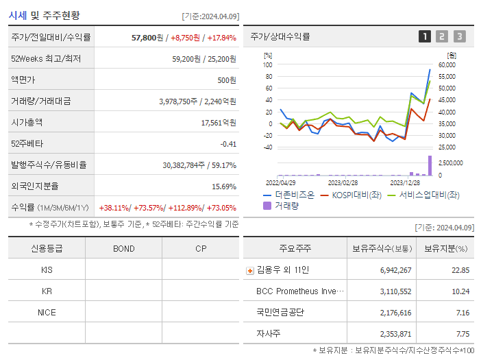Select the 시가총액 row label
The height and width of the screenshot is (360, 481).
[x=27, y=122]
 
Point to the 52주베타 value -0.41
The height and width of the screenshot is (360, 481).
[x=227, y=143]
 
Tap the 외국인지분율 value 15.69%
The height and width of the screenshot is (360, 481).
[x=223, y=186]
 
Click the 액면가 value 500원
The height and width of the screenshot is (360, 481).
[x=227, y=80]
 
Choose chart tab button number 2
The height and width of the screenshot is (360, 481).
[x=442, y=36]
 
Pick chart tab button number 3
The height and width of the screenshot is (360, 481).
[x=459, y=36]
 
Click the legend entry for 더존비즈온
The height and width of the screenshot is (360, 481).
[x=288, y=195]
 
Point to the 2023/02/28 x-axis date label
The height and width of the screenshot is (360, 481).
[x=343, y=183]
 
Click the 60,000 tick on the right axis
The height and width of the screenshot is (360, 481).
[x=447, y=65]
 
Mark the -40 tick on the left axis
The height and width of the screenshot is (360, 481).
[x=267, y=147]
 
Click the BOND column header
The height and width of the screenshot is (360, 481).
[x=123, y=248]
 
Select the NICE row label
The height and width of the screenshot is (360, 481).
[x=47, y=312]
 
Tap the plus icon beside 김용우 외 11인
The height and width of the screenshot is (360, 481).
[x=249, y=270]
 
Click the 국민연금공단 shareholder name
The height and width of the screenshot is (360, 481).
[x=280, y=312]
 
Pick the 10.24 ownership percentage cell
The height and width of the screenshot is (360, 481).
[x=460, y=291]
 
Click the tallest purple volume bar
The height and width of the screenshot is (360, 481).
[x=430, y=166]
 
